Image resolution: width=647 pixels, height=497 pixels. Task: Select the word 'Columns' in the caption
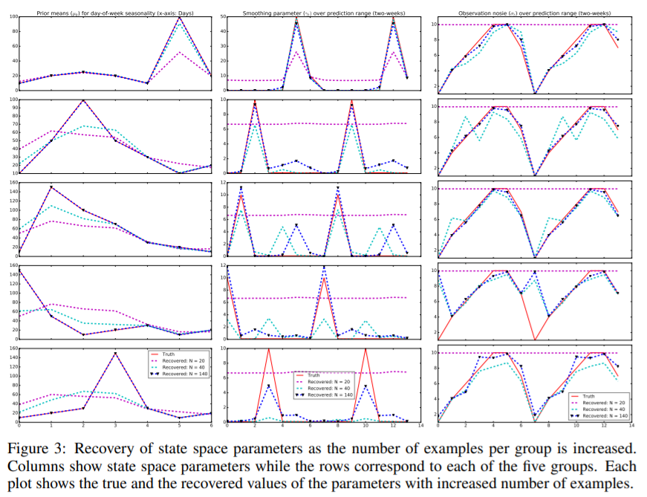click(x=36, y=467)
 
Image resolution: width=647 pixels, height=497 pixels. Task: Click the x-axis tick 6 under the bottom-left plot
click(x=211, y=426)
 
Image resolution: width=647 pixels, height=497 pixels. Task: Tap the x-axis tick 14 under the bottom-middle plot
click(x=421, y=426)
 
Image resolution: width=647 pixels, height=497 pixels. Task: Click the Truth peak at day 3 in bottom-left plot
click(x=115, y=353)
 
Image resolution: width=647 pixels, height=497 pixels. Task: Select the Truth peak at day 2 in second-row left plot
click(x=83, y=100)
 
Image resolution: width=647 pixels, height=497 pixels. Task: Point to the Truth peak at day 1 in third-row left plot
click(x=51, y=186)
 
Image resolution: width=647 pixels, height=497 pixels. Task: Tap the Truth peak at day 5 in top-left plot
click(x=179, y=16)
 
